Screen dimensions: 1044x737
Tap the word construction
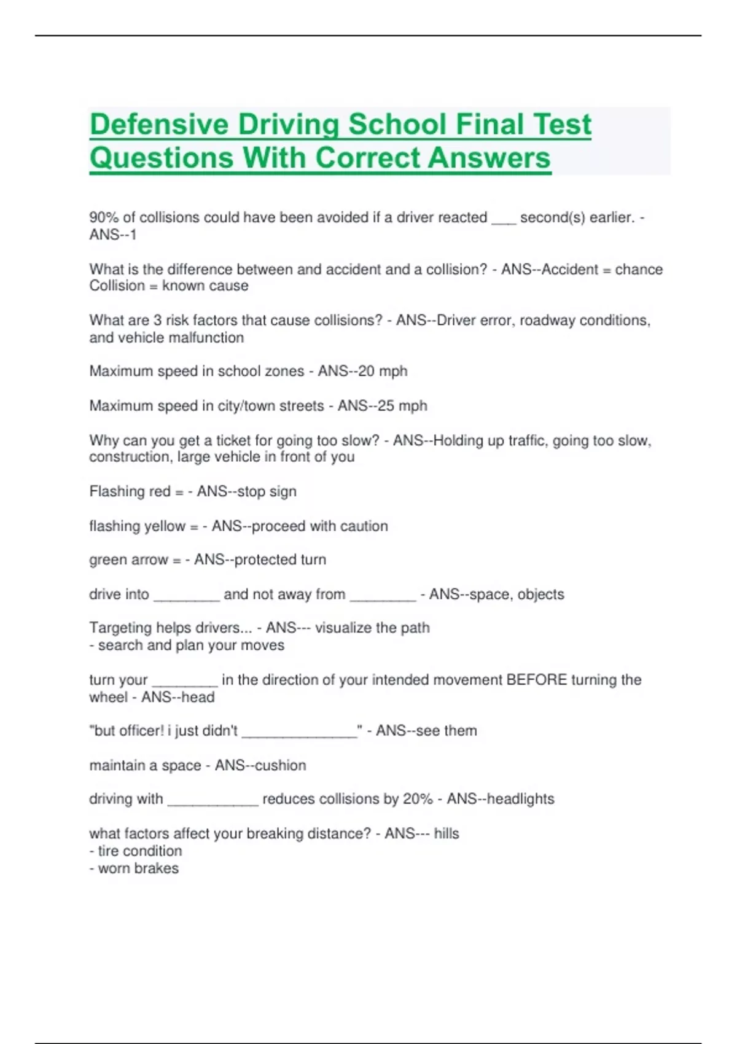tap(130, 457)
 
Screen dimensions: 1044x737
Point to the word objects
tap(540, 594)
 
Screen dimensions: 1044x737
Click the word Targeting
tap(120, 628)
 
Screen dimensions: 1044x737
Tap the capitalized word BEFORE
tap(536, 680)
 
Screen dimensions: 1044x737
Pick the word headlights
tap(520, 799)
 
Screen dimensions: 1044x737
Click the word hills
tap(446, 833)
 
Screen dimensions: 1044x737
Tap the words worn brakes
tap(138, 868)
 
